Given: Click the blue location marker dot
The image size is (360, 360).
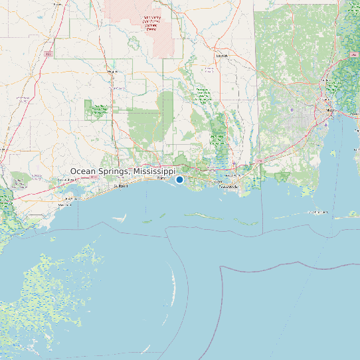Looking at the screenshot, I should point(179,179).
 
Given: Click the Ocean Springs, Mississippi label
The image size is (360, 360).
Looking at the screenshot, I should point(123,171).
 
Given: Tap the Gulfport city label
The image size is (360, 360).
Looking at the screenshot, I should point(120,187).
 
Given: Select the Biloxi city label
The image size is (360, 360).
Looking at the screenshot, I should point(161,179).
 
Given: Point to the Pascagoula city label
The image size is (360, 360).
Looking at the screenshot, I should point(228,188).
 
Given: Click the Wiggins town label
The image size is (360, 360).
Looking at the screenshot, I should point(112,71).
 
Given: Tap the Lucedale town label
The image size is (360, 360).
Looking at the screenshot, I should point(221,56).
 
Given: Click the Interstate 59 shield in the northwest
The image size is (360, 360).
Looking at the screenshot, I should point(48,53).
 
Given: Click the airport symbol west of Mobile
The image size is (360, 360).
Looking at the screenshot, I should point(292,110).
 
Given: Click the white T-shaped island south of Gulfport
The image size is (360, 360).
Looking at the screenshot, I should point(120,217).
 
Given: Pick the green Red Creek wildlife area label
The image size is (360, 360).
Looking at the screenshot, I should point(100,110).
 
